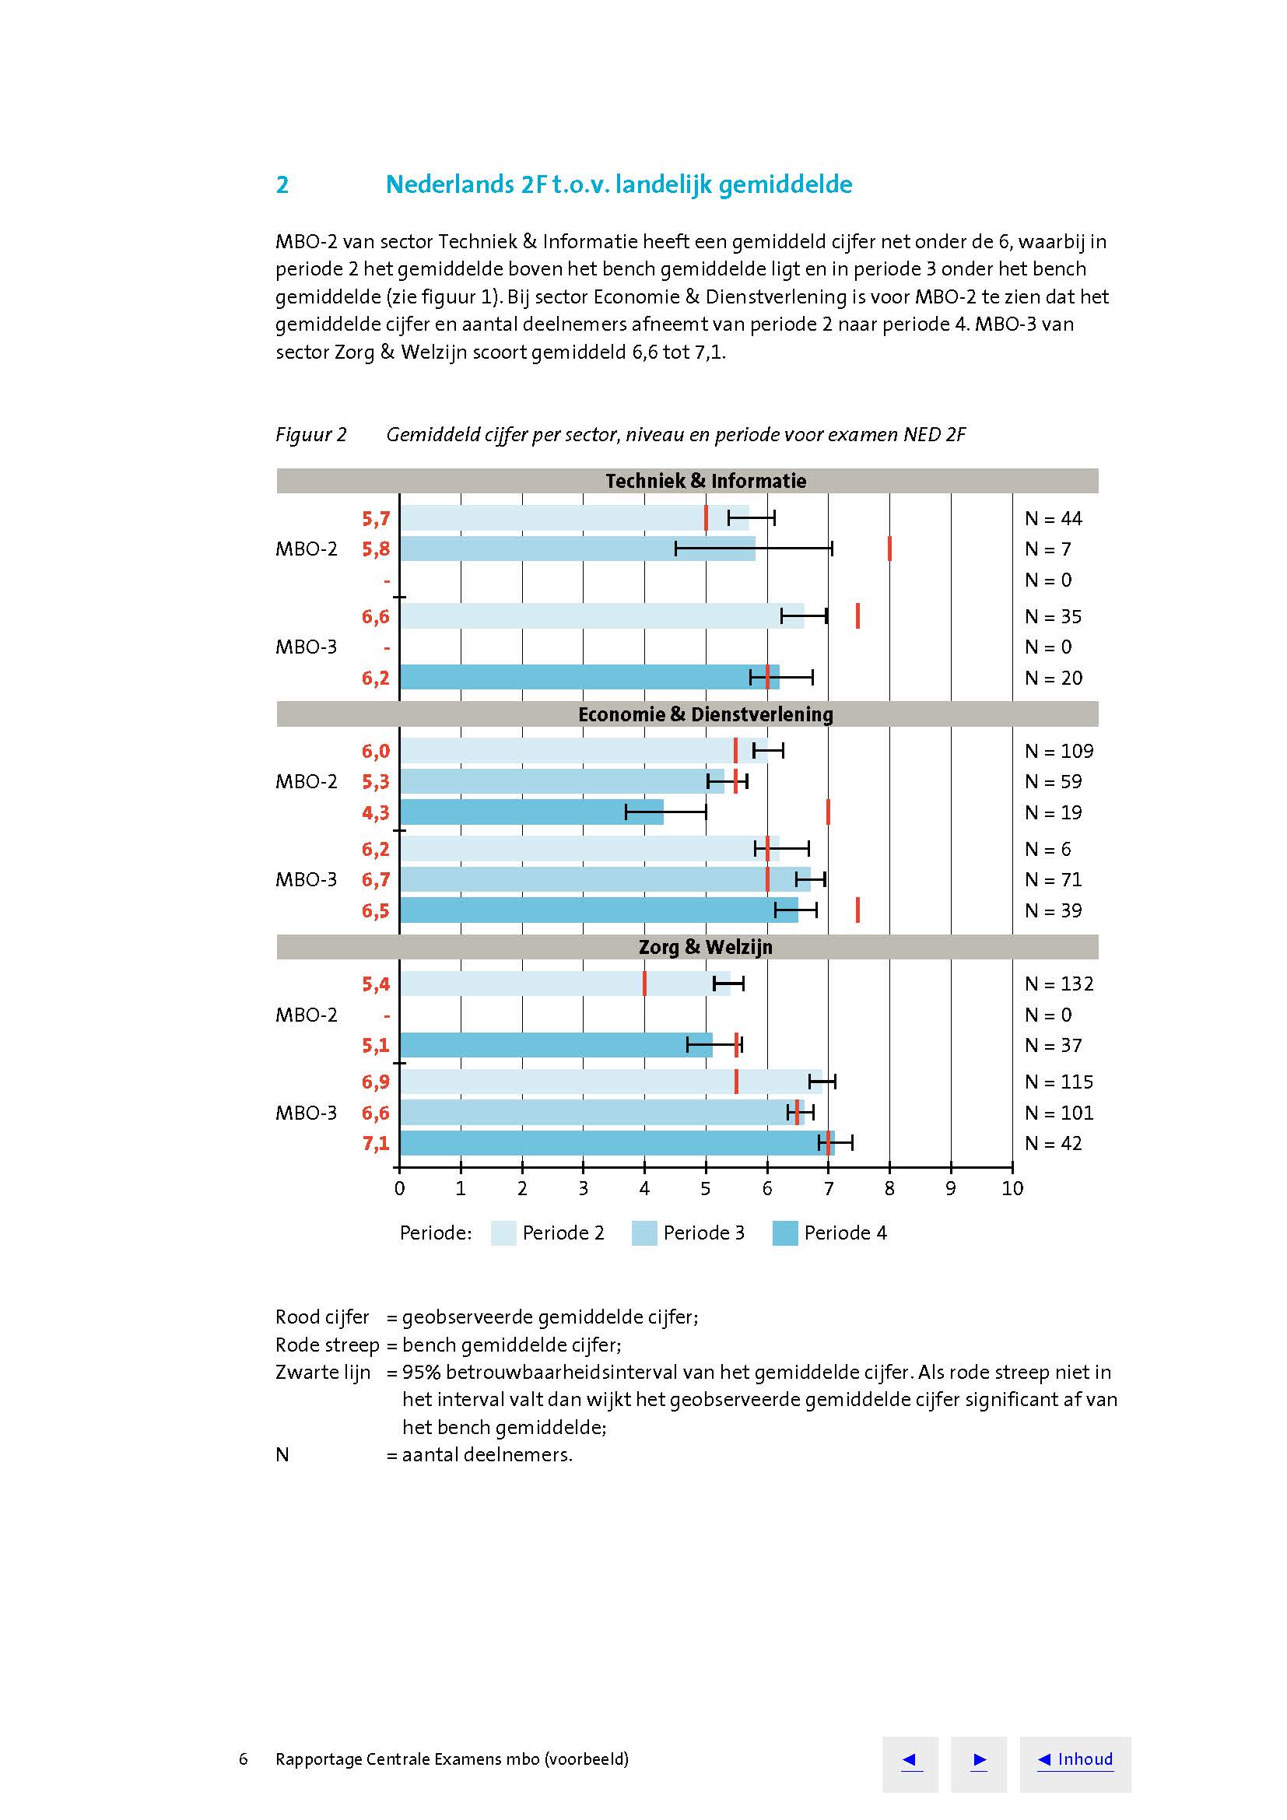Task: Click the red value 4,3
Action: pyautogui.click(x=376, y=812)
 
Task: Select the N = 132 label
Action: pyautogui.click(x=1058, y=984)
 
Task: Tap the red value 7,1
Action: pyautogui.click(x=376, y=1143)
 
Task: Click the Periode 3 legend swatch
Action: pyautogui.click(x=643, y=1233)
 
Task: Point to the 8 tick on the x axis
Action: pyautogui.click(x=889, y=1188)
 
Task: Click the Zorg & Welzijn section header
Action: pyautogui.click(x=704, y=947)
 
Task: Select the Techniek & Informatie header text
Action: pyautogui.click(x=705, y=481)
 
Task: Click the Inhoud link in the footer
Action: pyautogui.click(x=1075, y=1759)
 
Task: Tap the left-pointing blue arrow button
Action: pyautogui.click(x=910, y=1760)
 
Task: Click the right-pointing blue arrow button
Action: pyautogui.click(x=979, y=1760)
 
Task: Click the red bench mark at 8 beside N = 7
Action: pyautogui.click(x=889, y=549)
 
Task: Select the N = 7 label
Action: pyautogui.click(x=1047, y=549)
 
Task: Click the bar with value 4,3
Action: pyautogui.click(x=531, y=812)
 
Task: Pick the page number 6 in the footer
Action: pyautogui.click(x=244, y=1760)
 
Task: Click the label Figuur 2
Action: pyautogui.click(x=310, y=434)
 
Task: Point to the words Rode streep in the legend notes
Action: pyautogui.click(x=327, y=1345)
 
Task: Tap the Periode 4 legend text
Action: pyautogui.click(x=845, y=1233)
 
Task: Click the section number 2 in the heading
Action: pyautogui.click(x=282, y=184)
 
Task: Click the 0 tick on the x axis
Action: pyautogui.click(x=399, y=1188)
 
